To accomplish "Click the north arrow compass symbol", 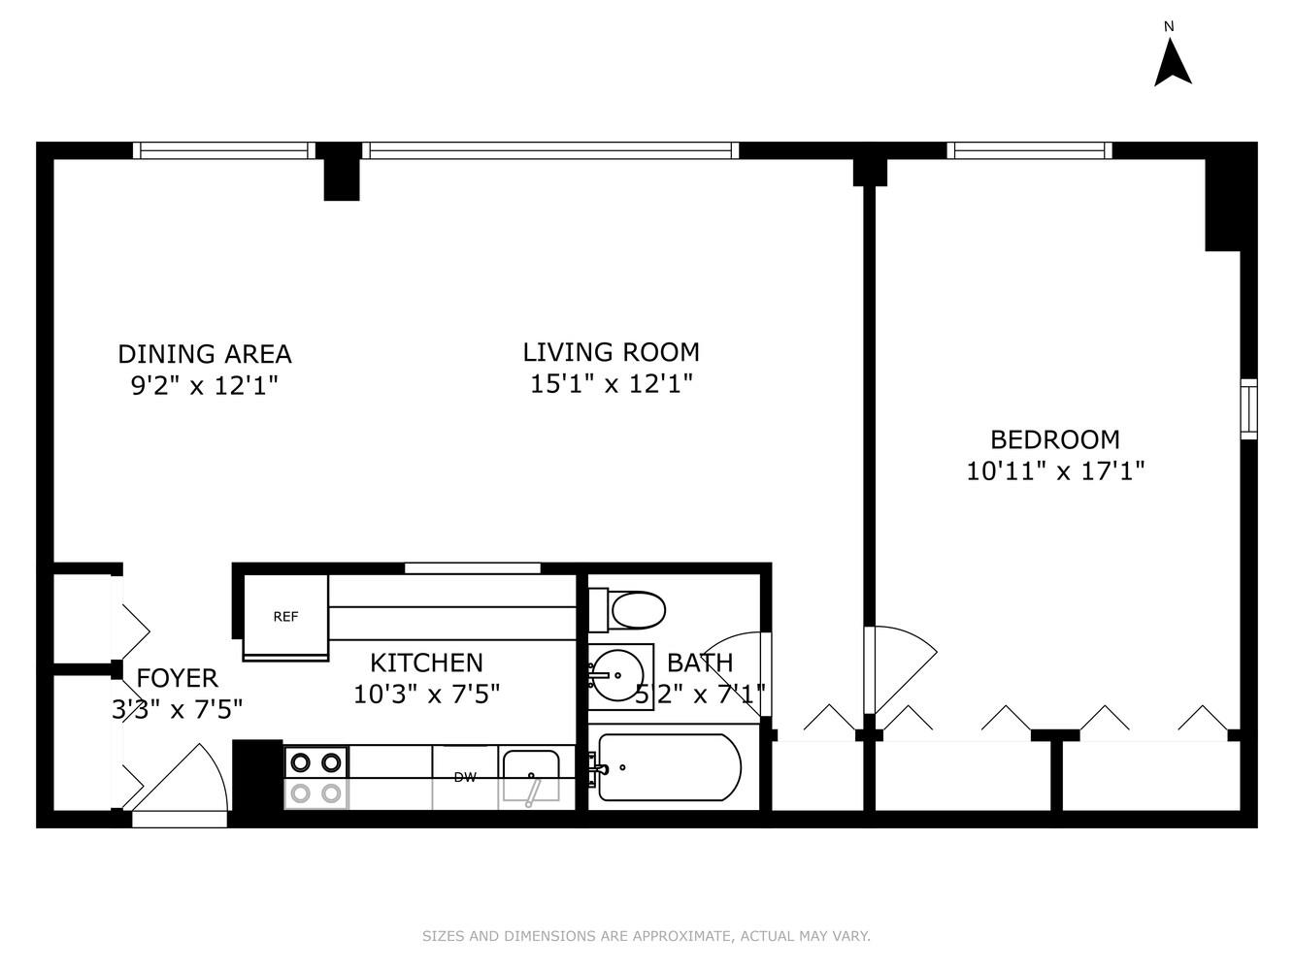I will pos(1172,61).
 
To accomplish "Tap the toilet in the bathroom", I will pos(629,610).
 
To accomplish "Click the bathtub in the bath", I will pos(669,767).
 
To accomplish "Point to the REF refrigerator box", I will pos(285,616).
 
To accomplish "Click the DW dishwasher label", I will pos(465,777).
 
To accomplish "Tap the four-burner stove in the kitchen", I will pos(316,777).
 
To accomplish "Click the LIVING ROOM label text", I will pos(611,352).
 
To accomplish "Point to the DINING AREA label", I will pos(204,354).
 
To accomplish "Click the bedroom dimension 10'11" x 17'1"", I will pos(1055,471).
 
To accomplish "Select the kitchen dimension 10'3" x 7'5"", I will pos(426,695).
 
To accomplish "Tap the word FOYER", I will pos(177,678).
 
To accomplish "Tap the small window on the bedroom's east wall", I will pos(1248,408).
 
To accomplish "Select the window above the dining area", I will pos(223,150).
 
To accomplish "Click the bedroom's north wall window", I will pos(1029,150).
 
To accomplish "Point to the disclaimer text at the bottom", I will pos(646,936).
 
